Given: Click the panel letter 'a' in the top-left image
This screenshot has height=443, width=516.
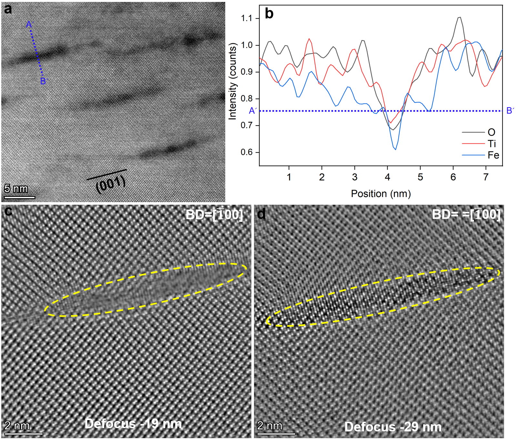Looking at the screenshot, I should point(8,9).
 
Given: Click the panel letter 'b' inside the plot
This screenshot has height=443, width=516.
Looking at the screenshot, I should point(269,14).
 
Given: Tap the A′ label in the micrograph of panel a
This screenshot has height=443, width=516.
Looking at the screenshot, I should point(30,25).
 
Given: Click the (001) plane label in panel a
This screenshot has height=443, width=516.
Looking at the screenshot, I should point(111,184).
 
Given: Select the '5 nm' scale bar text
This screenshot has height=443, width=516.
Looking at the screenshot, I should point(16,189).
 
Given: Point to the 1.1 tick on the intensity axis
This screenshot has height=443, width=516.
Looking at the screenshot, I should point(247,18).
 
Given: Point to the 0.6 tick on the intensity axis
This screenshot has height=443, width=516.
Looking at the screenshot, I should point(247,152).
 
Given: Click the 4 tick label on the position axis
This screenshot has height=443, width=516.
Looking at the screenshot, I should point(387,177).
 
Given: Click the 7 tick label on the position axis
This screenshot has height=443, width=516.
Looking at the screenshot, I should point(486,177).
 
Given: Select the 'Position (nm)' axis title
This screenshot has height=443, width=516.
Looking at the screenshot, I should point(381,194).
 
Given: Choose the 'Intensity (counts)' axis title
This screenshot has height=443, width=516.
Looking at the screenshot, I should point(233,81).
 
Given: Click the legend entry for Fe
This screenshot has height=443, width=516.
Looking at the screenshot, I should point(493,155).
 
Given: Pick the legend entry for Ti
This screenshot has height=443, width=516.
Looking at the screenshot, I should point(491,144).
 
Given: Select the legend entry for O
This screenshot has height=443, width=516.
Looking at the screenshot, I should point(491,132).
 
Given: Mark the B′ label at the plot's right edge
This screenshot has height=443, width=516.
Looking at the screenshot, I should point(510,111).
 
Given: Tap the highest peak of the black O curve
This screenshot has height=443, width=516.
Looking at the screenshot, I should point(460,17).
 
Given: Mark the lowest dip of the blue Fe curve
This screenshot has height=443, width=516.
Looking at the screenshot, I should point(395,149).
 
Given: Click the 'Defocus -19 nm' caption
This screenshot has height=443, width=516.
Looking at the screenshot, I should point(133,424).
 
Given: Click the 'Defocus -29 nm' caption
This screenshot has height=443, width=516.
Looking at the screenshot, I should point(393,427).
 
